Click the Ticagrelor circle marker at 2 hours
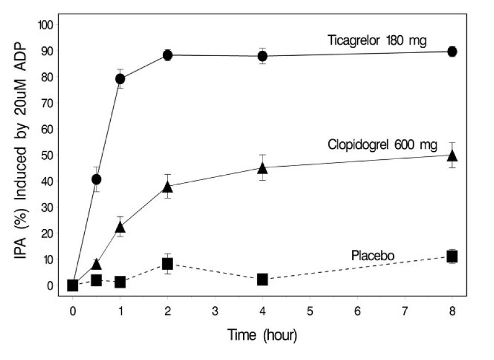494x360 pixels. [167, 55]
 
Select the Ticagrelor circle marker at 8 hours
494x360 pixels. [452, 51]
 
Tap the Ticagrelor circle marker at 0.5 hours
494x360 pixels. [96, 179]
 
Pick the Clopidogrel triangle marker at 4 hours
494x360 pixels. [263, 168]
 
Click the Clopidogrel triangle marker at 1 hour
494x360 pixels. [120, 227]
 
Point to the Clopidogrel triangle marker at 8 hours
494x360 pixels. [452, 155]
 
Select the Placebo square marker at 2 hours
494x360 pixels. [167, 264]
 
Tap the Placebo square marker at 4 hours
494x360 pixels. [263, 279]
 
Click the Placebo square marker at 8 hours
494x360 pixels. [452, 256]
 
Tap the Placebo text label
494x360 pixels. [370, 254]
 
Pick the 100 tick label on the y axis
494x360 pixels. [45, 25]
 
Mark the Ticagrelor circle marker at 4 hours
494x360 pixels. [263, 56]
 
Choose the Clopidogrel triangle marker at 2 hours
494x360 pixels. [167, 186]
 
